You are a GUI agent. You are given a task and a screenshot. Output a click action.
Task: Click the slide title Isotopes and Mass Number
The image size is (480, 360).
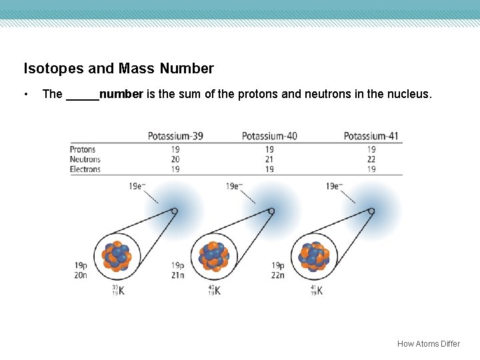(x=119, y=69)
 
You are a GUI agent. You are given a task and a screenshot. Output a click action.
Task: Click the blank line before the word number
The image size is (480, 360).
(x=82, y=95)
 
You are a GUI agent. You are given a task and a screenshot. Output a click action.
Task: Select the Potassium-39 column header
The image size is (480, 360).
(x=175, y=136)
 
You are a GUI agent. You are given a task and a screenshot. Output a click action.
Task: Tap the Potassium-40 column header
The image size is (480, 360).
(x=269, y=136)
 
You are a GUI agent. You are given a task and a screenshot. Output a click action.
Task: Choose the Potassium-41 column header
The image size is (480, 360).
(x=371, y=136)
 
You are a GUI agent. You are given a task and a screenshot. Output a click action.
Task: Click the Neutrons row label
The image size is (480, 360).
(x=85, y=159)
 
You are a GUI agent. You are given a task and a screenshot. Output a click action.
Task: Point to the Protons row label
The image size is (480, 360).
(x=83, y=150)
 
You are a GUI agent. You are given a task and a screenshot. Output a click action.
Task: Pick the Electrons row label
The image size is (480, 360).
(x=85, y=169)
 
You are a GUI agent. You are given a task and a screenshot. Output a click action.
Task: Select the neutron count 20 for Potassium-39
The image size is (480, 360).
(x=175, y=159)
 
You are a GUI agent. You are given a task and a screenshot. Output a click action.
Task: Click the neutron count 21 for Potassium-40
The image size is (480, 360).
(x=269, y=159)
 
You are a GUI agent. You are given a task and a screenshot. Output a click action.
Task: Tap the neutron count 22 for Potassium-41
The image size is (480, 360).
(x=371, y=159)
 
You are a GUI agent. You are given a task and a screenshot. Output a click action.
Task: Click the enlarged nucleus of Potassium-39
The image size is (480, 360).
(x=117, y=257)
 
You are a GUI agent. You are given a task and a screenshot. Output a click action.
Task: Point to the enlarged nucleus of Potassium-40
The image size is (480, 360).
(x=214, y=257)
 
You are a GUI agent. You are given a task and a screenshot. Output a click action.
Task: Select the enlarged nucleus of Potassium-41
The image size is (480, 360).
(x=315, y=257)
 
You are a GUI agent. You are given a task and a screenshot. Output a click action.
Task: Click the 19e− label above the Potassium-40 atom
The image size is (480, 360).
(x=234, y=186)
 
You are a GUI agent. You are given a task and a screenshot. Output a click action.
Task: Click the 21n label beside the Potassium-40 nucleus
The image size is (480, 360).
(x=177, y=275)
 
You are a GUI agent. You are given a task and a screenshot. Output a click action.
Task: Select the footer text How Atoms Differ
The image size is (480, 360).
(x=428, y=344)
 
